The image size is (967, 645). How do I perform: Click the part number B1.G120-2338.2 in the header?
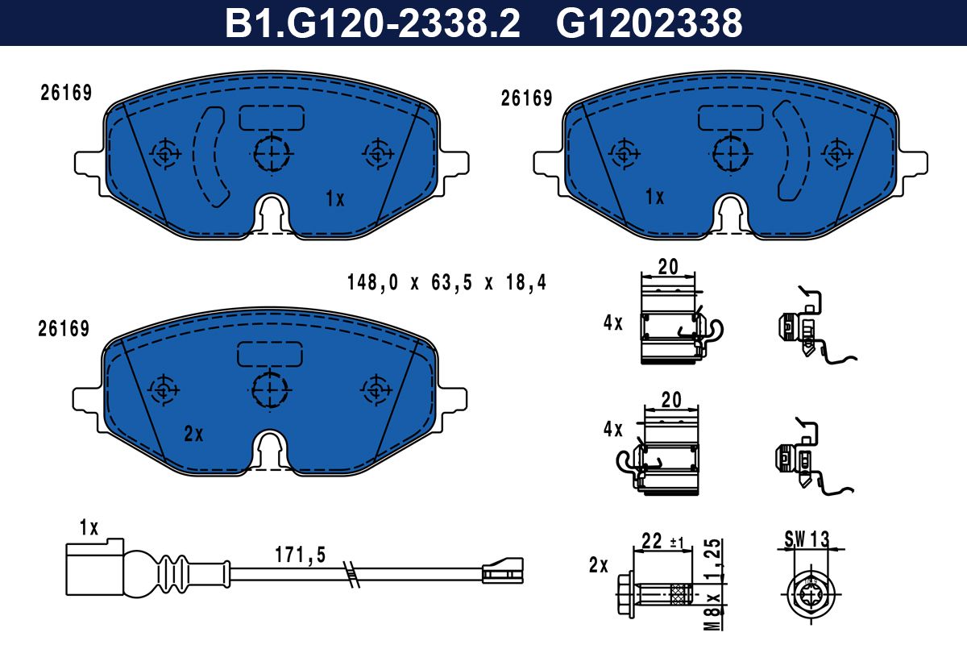371,23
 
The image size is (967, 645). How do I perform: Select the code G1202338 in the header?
649,23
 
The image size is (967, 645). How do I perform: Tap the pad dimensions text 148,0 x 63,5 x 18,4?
446,283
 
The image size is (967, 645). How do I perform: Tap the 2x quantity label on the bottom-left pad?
193,435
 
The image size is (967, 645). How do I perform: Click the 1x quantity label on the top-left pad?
335,198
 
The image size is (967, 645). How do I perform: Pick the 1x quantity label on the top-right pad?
654,198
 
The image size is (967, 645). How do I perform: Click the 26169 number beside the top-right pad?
526,98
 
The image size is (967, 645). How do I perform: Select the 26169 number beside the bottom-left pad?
63,329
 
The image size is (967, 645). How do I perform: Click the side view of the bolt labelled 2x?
653,597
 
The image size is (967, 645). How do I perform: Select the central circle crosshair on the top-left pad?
272,152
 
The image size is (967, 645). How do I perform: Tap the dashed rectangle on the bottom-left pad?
270,353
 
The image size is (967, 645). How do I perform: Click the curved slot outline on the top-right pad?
791,151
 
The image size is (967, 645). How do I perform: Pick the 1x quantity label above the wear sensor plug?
89,528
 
